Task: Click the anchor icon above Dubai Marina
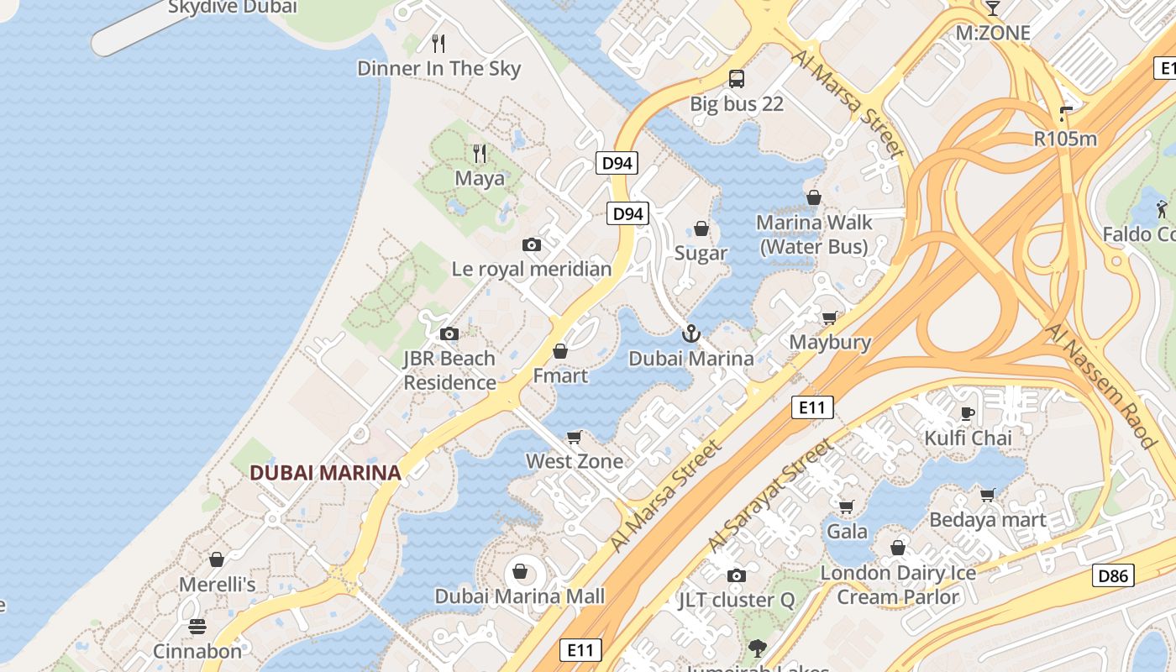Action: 690,333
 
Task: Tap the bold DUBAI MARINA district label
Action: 325,473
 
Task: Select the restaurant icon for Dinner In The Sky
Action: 438,43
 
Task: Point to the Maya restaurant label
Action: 480,178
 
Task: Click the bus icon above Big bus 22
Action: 737,79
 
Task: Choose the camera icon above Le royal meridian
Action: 532,244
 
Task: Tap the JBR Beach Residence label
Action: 449,370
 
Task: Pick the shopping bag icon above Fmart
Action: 560,351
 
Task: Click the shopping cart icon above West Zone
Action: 575,437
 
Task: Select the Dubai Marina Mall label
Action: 519,596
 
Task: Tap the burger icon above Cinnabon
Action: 197,627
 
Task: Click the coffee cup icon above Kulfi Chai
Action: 968,412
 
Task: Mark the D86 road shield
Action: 1113,575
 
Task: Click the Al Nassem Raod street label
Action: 1101,385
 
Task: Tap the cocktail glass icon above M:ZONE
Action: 993,8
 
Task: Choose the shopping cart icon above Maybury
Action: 830,318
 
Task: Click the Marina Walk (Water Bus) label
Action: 814,234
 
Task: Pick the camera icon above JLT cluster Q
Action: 737,575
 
